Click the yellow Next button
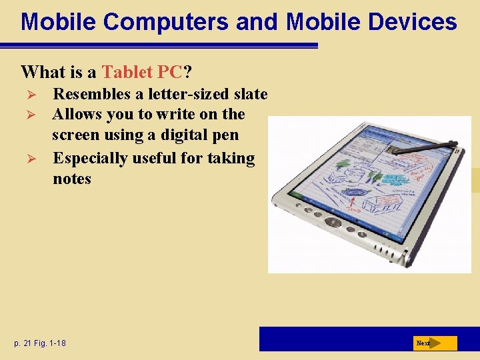434,343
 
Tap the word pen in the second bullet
225,135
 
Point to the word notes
72,179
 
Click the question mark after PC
197,71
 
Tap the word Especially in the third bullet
91,158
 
